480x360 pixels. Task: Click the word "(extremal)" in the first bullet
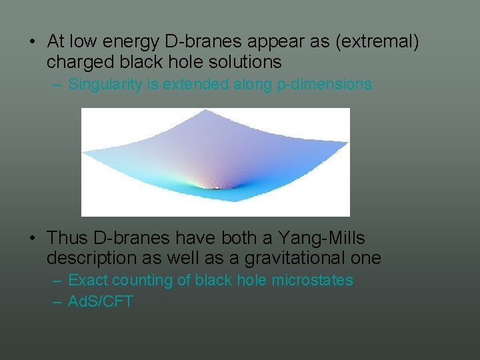(x=377, y=42)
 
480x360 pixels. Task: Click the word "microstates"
(x=312, y=281)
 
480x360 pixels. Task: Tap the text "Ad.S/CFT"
(x=101, y=301)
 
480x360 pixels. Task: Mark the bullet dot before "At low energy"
(x=32, y=42)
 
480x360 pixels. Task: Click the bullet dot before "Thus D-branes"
(x=32, y=238)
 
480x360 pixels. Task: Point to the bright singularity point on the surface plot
(x=215, y=187)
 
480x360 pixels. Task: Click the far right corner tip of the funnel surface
(x=347, y=141)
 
